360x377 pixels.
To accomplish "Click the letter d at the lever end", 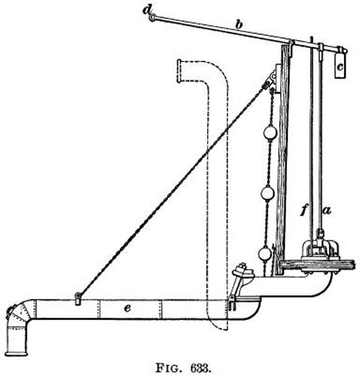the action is [147, 11].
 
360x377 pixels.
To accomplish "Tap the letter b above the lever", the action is [239, 24].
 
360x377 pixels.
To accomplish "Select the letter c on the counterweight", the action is [340, 67].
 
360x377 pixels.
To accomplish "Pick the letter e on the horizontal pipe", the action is [127, 308].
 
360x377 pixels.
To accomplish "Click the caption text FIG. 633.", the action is [182, 369].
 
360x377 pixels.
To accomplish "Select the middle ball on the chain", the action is [268, 194].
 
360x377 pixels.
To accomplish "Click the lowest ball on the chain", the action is [264, 255].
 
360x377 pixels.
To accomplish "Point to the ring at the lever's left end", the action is [152, 18].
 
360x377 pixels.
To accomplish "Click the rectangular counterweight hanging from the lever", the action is [340, 66].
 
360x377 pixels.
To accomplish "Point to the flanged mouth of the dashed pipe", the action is [179, 71].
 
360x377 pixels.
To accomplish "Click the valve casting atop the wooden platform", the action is [320, 250].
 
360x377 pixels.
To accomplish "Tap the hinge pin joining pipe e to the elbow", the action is [230, 299].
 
